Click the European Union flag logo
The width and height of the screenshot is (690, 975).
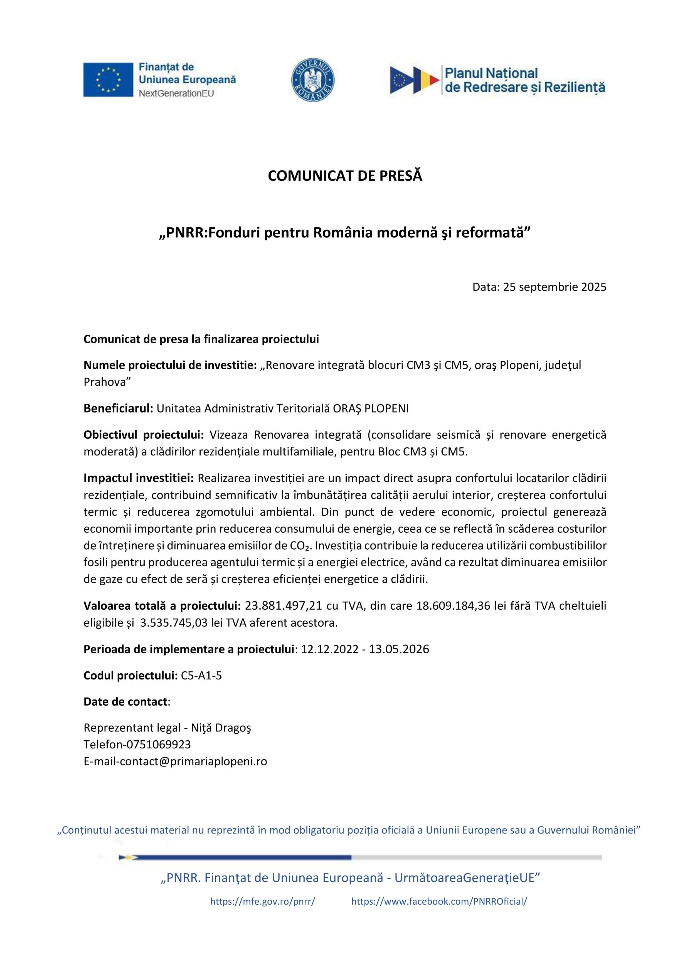click(x=108, y=80)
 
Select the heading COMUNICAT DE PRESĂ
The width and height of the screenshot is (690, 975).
click(x=345, y=176)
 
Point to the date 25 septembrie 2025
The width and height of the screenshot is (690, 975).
click(x=555, y=287)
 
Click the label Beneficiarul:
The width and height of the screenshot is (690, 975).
click(x=118, y=408)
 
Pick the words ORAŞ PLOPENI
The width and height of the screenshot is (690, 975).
click(x=371, y=408)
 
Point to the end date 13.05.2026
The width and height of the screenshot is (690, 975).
click(x=399, y=649)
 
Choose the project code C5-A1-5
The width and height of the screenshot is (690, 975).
click(x=201, y=676)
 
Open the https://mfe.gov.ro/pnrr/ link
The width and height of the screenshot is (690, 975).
click(x=263, y=902)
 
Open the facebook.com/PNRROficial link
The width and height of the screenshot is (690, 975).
click(x=439, y=902)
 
